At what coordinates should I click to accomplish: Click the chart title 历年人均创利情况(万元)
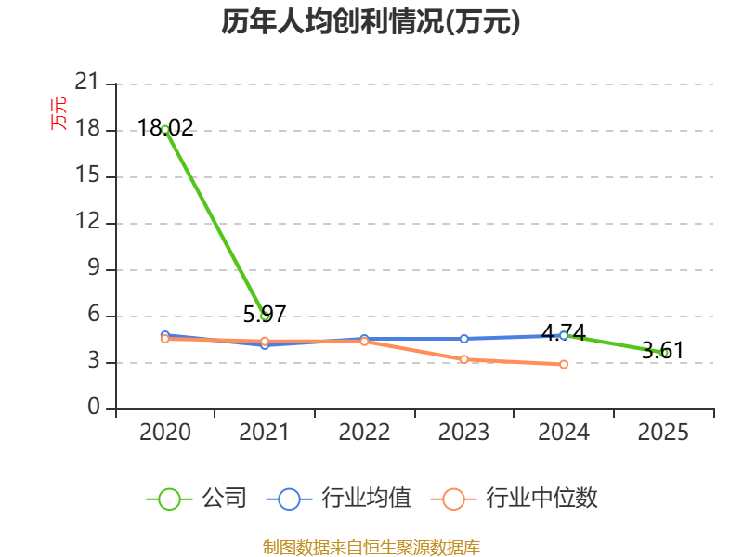coord(371,21)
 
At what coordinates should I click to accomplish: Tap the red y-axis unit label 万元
coord(59,113)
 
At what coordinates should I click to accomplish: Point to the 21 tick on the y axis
coord(86,82)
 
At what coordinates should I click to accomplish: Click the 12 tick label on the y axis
coord(87,221)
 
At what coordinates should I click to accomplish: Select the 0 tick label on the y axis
coord(94,407)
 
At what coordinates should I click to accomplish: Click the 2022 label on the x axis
coord(364,432)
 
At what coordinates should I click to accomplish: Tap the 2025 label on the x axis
coord(663,432)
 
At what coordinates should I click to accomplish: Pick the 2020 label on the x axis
coord(165,432)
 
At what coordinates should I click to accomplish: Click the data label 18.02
coord(165,128)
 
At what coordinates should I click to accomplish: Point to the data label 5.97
coord(265,314)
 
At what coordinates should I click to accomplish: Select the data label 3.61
coord(663,351)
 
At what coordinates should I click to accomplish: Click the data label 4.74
coord(564,333)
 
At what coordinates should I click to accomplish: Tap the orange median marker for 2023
coord(463,359)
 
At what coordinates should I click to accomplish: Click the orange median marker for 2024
coord(564,364)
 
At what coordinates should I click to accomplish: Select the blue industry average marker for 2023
coord(463,339)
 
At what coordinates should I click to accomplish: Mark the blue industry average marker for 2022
coord(364,339)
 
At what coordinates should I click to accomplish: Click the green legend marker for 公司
coord(169,499)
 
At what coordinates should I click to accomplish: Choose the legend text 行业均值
coord(366,499)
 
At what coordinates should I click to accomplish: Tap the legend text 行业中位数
coord(541,499)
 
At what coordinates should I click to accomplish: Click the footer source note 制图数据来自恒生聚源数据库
coord(371,548)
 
